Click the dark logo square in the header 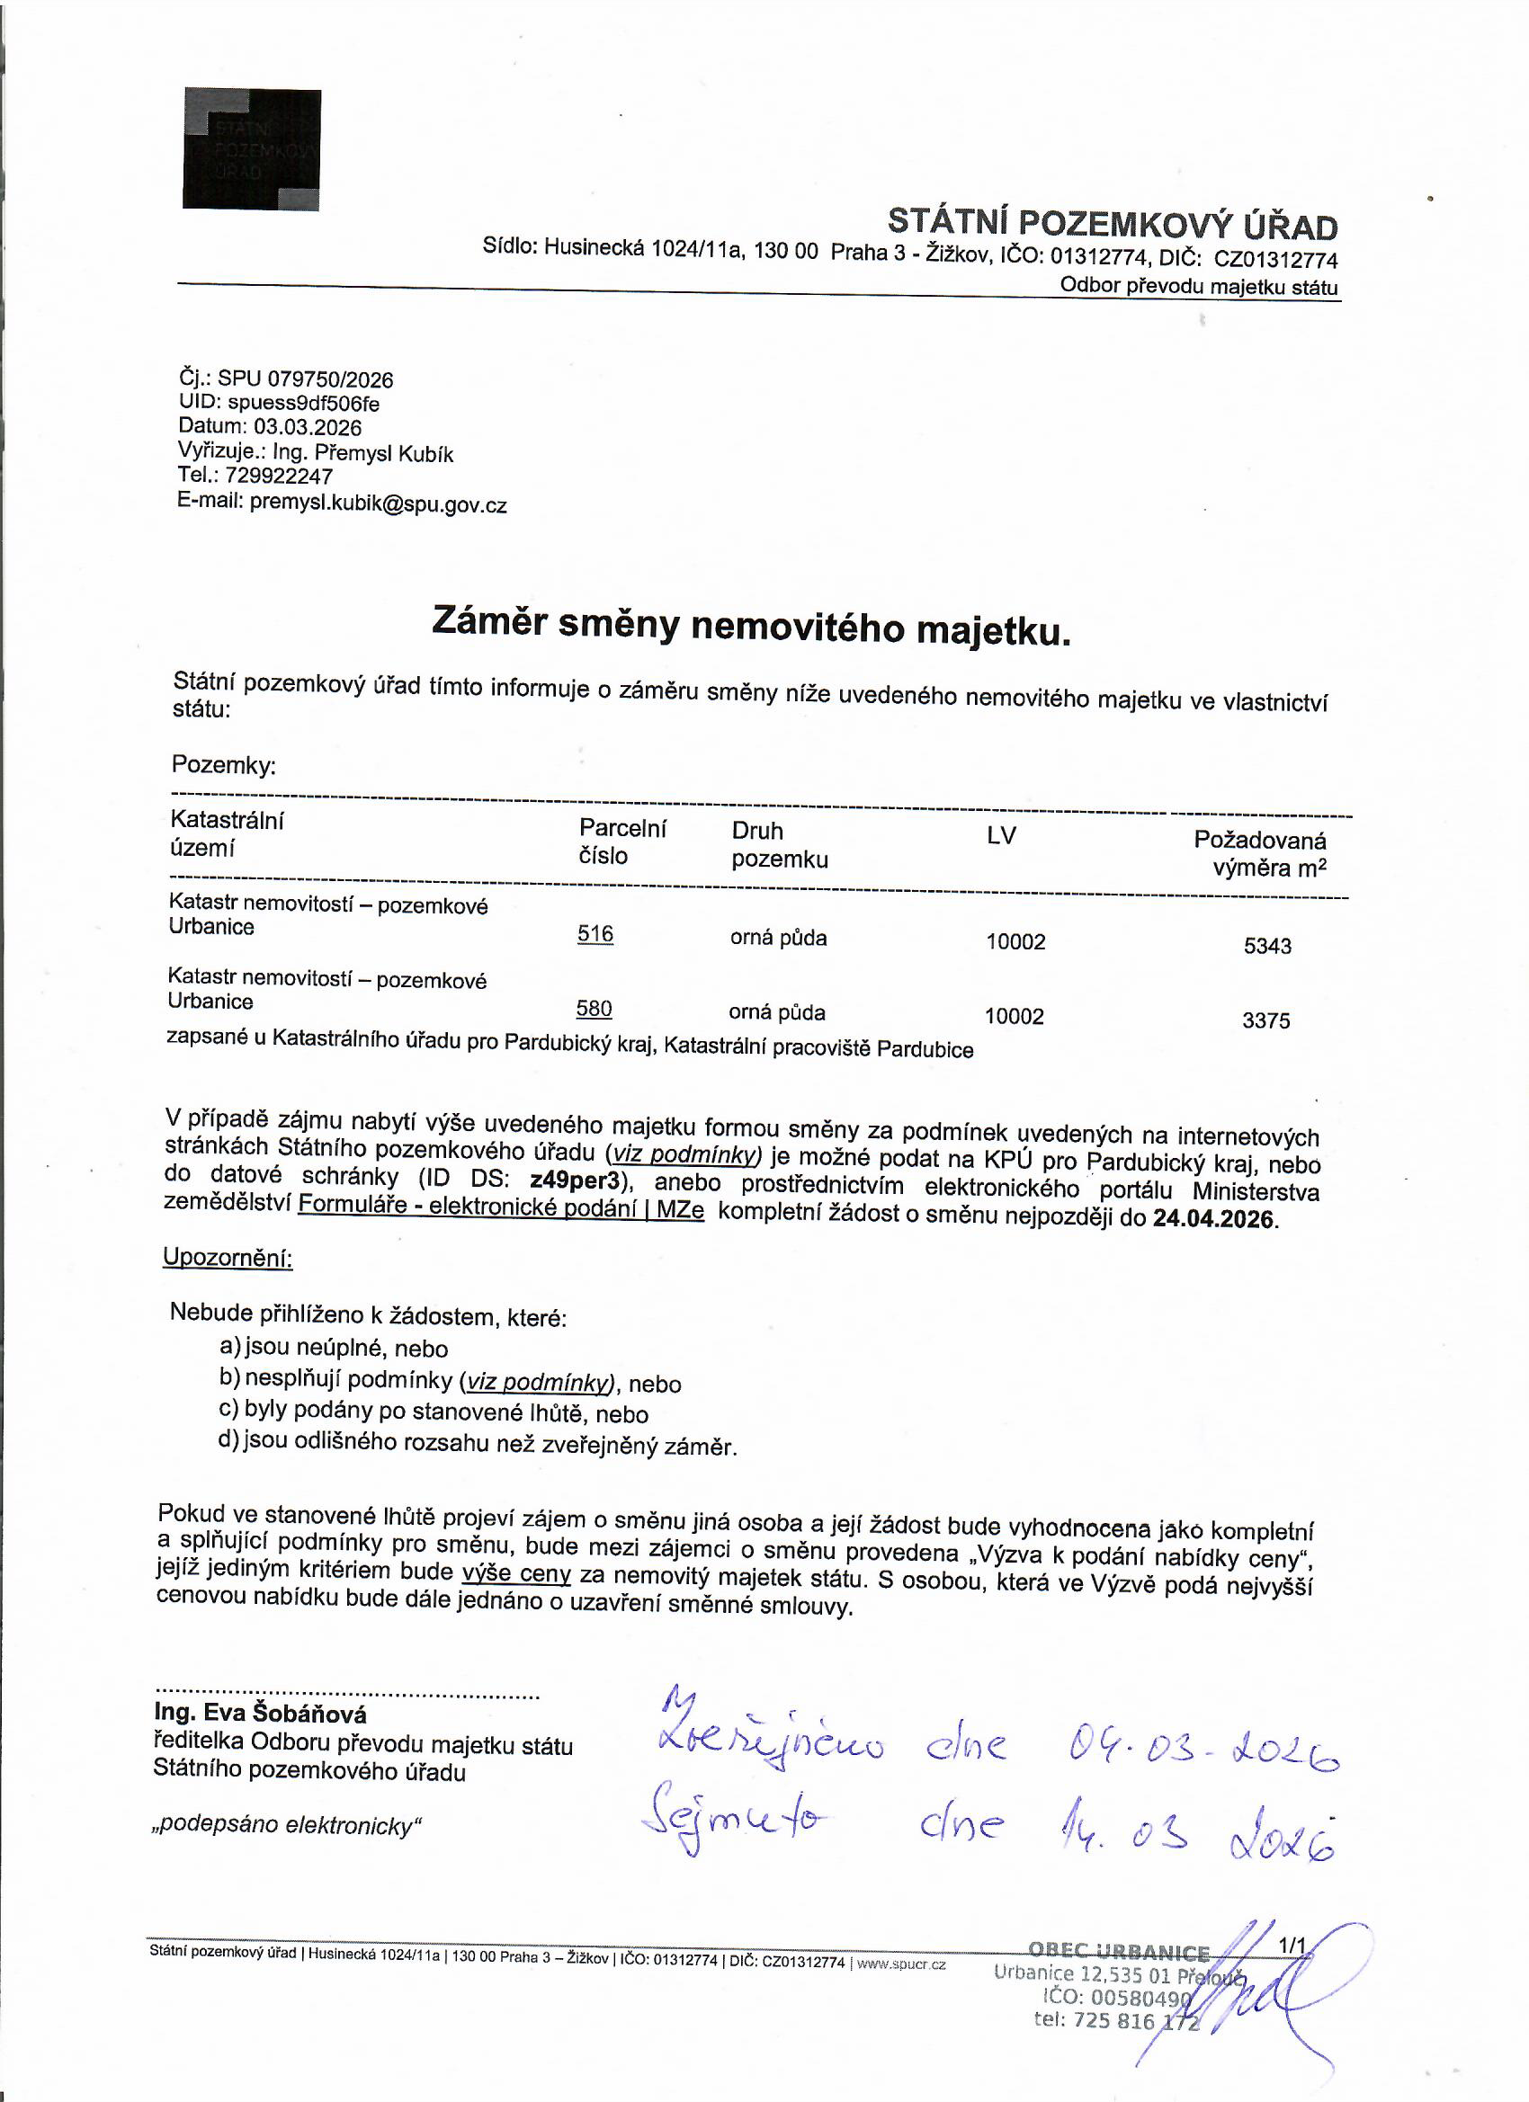click(251, 149)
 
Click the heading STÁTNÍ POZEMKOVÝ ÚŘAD click(1112, 224)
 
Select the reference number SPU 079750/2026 click(305, 379)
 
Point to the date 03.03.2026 click(308, 427)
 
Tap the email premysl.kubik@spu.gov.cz click(379, 505)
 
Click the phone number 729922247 click(278, 477)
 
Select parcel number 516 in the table click(595, 933)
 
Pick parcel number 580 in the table click(594, 1009)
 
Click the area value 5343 click(1266, 947)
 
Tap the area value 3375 click(1265, 1020)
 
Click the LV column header click(1000, 836)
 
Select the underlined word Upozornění click(228, 1258)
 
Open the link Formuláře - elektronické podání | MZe click(501, 1207)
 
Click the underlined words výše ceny click(515, 1572)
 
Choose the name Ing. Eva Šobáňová click(261, 1713)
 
